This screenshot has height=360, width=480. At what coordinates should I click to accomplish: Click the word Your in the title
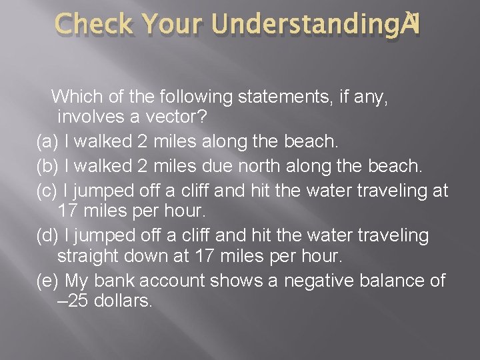pos(175,25)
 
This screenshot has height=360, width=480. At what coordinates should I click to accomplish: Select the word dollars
pos(124,301)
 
